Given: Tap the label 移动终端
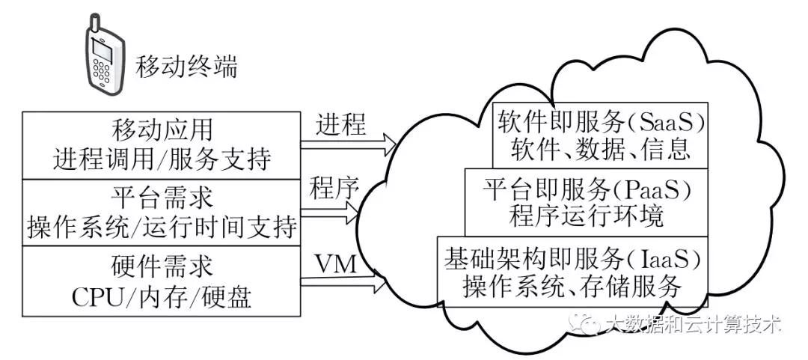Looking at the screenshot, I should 186,67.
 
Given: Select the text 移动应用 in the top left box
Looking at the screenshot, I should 162,129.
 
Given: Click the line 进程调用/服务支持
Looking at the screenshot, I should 162,160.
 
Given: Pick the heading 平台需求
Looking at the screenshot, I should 162,197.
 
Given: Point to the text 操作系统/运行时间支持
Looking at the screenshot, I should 162,228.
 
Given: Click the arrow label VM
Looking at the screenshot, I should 334,263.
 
